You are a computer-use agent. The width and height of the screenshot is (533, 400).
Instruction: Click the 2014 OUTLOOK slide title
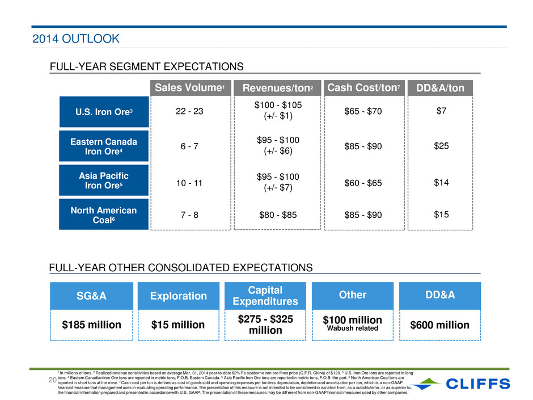tap(76, 39)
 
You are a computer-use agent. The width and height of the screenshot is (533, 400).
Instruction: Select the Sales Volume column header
tap(191, 88)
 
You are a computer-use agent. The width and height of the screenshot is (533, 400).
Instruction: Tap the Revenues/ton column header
tap(277, 88)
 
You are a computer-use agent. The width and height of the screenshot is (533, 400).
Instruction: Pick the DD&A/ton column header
tap(440, 88)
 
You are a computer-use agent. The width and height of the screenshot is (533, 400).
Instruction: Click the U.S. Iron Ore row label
tap(104, 112)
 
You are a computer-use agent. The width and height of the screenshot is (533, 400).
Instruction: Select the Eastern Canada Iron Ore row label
tap(104, 146)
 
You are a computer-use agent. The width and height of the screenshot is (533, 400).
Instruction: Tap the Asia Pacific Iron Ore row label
tap(104, 180)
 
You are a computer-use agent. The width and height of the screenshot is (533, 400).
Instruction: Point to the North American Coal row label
tap(104, 214)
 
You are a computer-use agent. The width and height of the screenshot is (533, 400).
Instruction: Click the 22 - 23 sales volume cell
tap(189, 111)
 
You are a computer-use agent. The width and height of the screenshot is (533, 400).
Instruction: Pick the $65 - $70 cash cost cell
tap(363, 111)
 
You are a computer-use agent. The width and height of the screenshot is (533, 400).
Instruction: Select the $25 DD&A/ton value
tap(441, 146)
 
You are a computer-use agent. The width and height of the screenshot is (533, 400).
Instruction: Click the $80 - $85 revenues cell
tap(278, 215)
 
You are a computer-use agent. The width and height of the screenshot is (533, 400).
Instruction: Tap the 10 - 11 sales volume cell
tap(189, 183)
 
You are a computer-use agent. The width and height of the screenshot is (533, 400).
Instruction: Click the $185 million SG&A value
tap(91, 325)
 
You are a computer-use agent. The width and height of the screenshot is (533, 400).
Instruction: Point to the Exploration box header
tap(179, 296)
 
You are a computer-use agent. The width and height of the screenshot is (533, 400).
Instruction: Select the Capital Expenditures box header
tap(265, 296)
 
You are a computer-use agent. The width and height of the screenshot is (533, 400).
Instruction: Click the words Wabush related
tap(353, 329)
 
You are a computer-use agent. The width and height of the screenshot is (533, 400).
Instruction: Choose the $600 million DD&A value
tap(439, 325)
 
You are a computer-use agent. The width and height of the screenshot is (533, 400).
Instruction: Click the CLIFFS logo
tap(462, 384)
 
